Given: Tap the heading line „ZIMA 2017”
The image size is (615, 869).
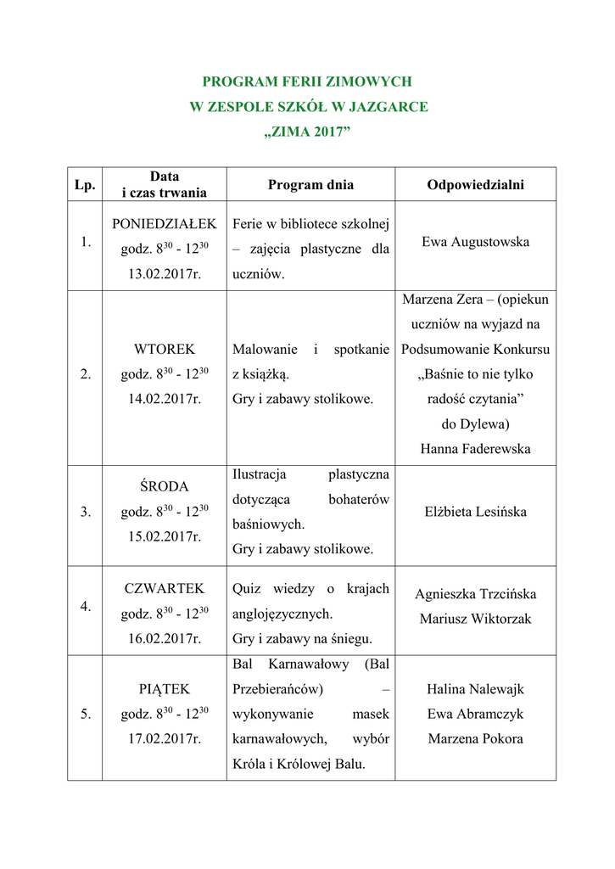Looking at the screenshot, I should pyautogui.click(x=307, y=132).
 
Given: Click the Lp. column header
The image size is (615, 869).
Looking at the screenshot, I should pyautogui.click(x=85, y=185).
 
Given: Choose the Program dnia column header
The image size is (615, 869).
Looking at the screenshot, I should pyautogui.click(x=310, y=185).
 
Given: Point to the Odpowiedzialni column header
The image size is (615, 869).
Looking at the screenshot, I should pyautogui.click(x=475, y=185).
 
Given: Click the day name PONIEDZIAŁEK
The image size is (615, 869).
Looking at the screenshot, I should pyautogui.click(x=165, y=224).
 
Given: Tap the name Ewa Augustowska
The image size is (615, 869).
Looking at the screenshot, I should pyautogui.click(x=475, y=242).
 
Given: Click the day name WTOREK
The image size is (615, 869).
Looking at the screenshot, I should pyautogui.click(x=165, y=349).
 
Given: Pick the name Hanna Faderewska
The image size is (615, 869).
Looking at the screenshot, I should pyautogui.click(x=475, y=449).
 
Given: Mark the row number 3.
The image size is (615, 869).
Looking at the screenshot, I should pyautogui.click(x=85, y=512).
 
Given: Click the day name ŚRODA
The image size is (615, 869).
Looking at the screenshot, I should pyautogui.click(x=165, y=487).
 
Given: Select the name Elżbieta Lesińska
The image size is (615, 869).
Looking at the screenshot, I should pyautogui.click(x=475, y=512).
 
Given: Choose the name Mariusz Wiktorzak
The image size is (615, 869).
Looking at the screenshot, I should pyautogui.click(x=475, y=619).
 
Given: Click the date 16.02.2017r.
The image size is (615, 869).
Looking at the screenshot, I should pyautogui.click(x=165, y=639).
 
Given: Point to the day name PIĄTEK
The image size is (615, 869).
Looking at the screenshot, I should pyautogui.click(x=165, y=689).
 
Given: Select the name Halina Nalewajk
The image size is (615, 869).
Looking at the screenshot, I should pyautogui.click(x=475, y=690).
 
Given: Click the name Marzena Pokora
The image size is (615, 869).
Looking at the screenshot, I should pyautogui.click(x=475, y=738).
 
